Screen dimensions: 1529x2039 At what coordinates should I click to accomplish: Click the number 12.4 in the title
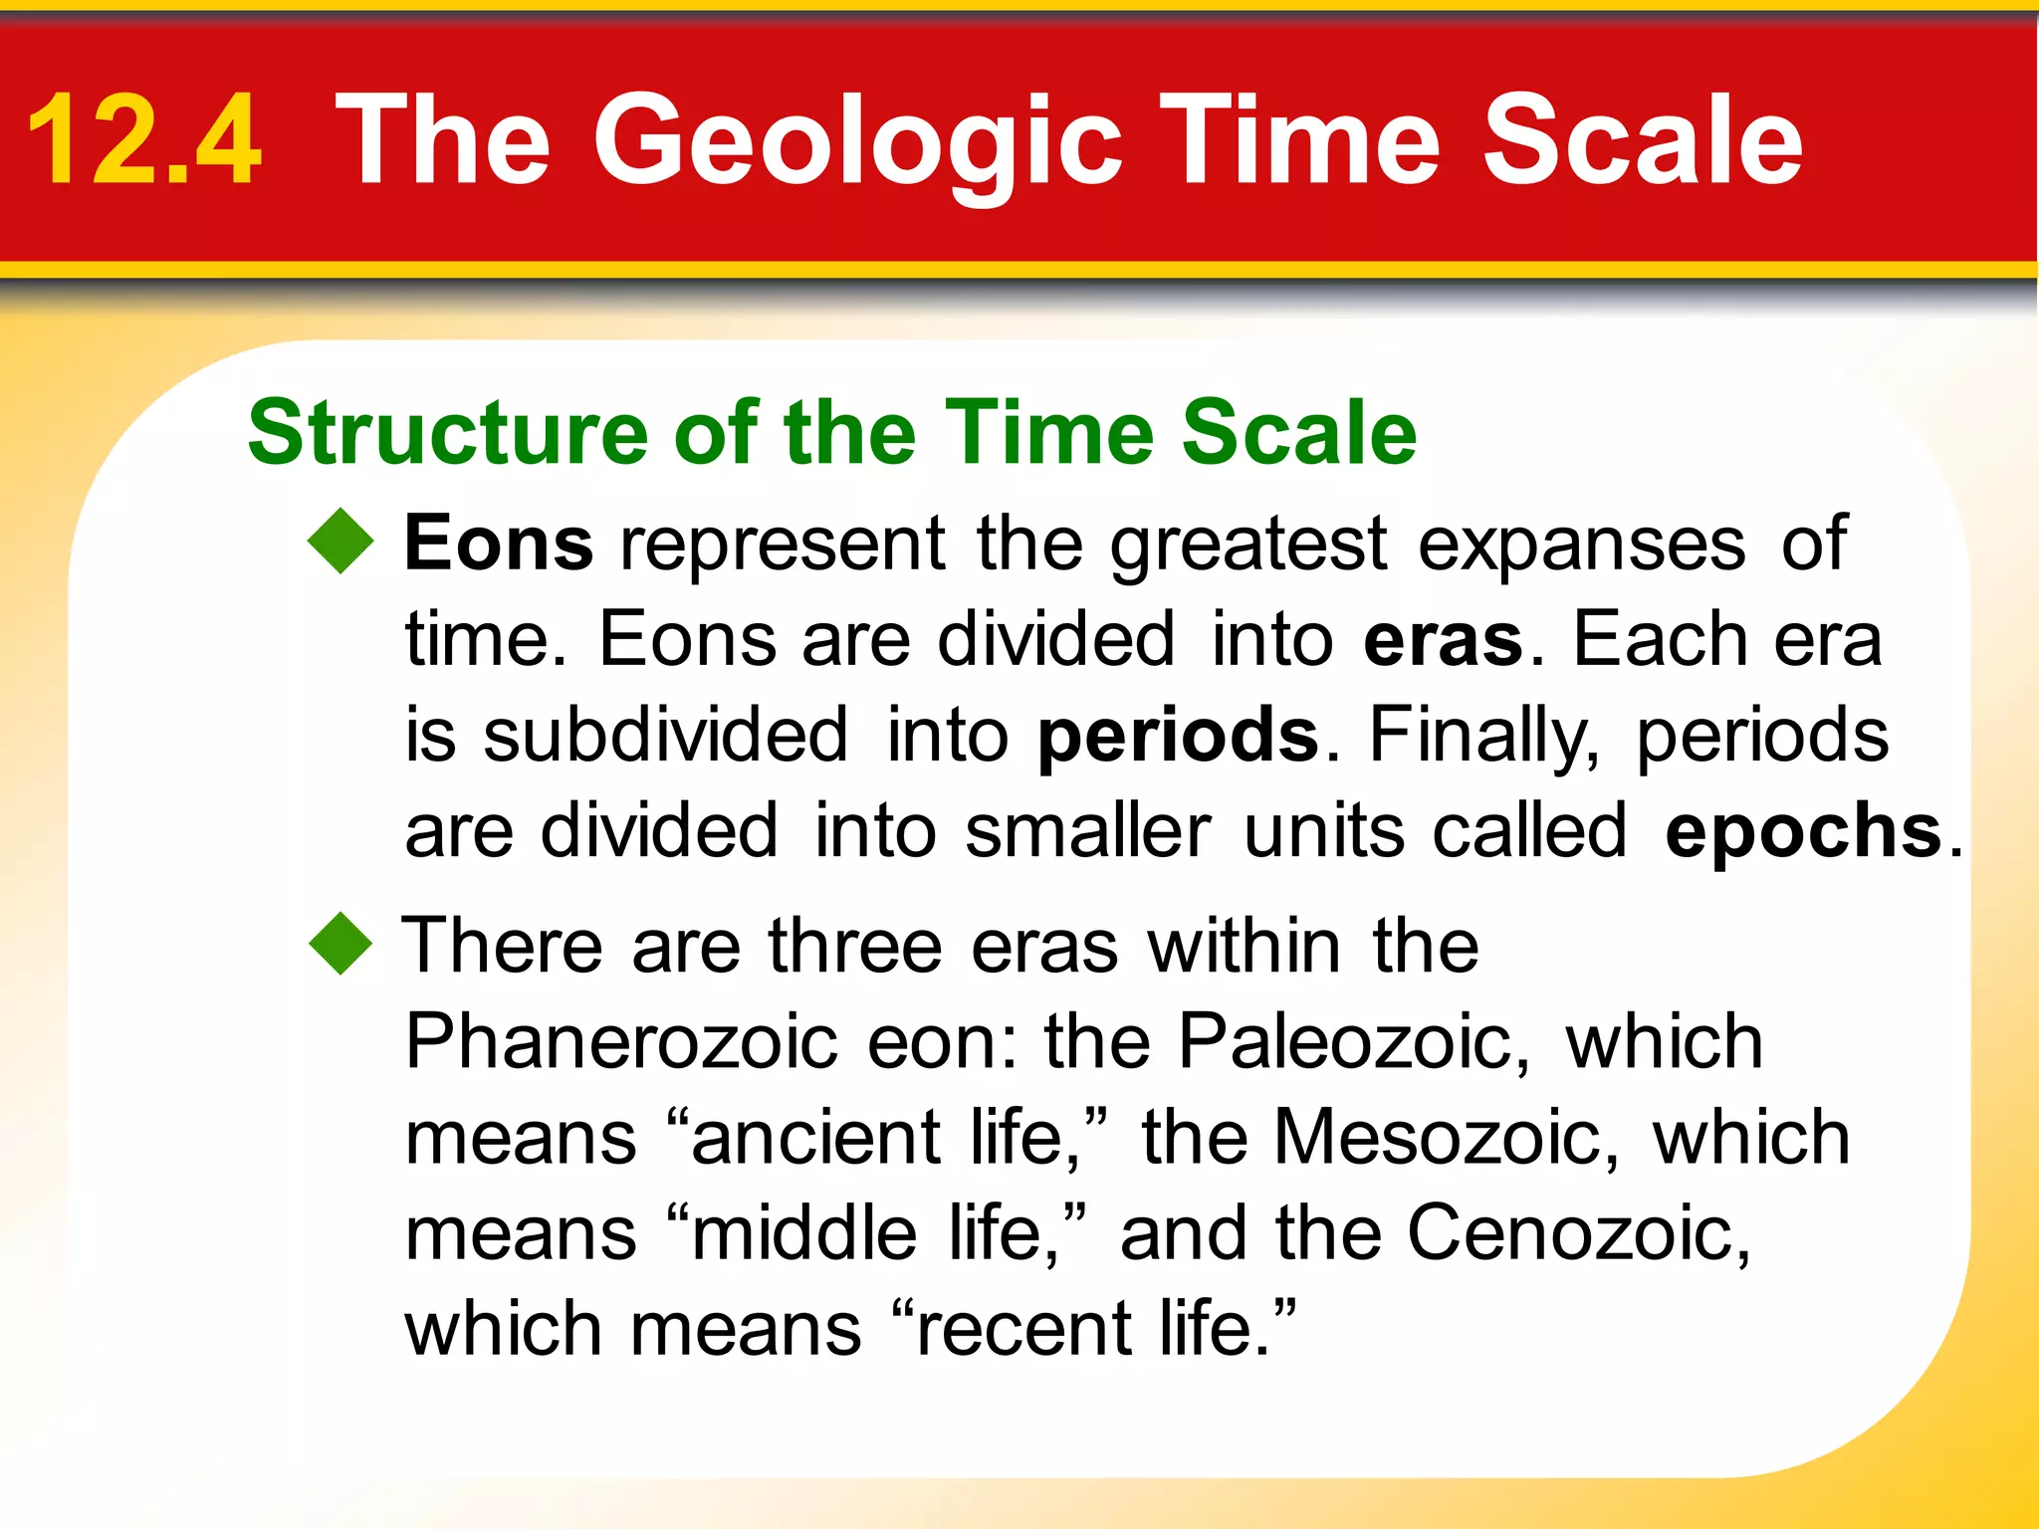144,139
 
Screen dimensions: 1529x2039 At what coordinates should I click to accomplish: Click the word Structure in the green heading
448,433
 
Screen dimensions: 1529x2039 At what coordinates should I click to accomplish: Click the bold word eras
1443,640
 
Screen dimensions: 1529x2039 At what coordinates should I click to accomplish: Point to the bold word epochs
1803,831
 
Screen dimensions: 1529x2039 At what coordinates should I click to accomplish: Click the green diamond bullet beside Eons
340,542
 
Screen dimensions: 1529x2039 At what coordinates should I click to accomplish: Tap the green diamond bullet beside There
340,943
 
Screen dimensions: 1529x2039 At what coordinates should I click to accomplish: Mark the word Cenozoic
1577,1233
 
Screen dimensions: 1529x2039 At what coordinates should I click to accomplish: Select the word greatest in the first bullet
1248,545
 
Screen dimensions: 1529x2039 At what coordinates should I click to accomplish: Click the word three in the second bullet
855,946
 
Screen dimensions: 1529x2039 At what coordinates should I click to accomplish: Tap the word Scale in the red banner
1643,139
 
